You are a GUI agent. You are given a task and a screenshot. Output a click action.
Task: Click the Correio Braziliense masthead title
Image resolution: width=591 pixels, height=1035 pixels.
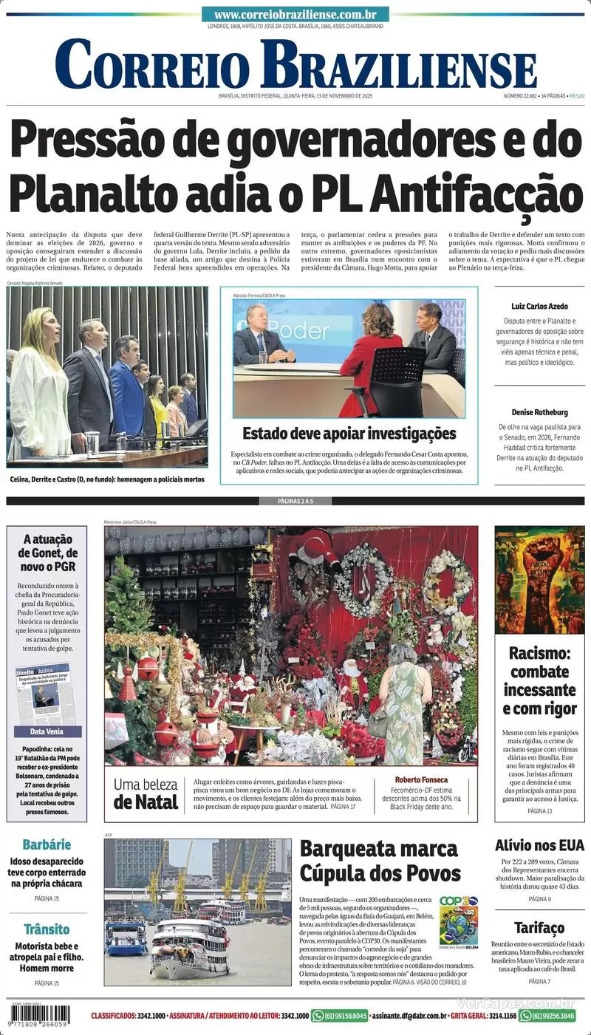(x=295, y=65)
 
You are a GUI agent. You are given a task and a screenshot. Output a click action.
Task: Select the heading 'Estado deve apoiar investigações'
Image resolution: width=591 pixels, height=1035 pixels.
(x=349, y=434)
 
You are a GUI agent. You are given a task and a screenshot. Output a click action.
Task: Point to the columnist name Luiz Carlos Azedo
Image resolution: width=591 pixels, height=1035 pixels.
(x=539, y=306)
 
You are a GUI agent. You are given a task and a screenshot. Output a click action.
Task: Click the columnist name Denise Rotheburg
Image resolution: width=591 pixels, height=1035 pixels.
(x=539, y=412)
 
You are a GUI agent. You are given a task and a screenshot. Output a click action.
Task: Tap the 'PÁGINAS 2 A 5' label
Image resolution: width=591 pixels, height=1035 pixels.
(x=295, y=502)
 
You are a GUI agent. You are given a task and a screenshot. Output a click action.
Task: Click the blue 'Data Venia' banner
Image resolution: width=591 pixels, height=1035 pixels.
(x=47, y=731)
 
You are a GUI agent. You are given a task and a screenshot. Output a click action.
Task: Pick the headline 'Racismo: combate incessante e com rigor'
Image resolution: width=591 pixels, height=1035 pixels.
(x=540, y=680)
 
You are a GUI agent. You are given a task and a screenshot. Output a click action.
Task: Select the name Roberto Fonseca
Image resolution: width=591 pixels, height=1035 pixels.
(x=421, y=780)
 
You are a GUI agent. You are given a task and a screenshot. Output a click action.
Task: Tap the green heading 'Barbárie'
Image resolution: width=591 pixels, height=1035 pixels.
(x=47, y=844)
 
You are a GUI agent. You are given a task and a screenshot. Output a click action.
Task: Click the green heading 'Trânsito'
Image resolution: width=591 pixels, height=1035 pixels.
(x=47, y=929)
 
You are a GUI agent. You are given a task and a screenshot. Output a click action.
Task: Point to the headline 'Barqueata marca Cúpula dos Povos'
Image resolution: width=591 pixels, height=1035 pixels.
(x=380, y=861)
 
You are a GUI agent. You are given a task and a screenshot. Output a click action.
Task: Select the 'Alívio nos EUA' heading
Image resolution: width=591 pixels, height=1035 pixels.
(x=539, y=845)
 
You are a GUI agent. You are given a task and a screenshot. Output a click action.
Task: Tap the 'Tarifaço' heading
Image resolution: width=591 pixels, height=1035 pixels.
(x=539, y=927)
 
